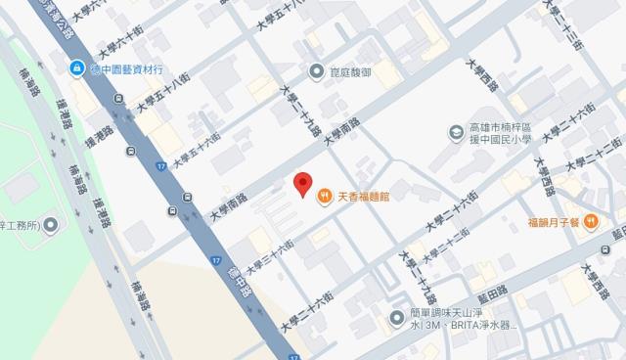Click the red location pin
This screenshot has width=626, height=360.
(x=303, y=183)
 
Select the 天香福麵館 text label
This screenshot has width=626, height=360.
(x=364, y=197)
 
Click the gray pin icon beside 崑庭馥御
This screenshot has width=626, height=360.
(x=316, y=70)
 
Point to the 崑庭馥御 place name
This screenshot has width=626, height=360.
(x=352, y=70)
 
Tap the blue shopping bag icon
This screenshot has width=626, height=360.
(x=75, y=67)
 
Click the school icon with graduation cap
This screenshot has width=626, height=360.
(x=456, y=132)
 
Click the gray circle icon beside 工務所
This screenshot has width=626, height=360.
(x=51, y=225)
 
